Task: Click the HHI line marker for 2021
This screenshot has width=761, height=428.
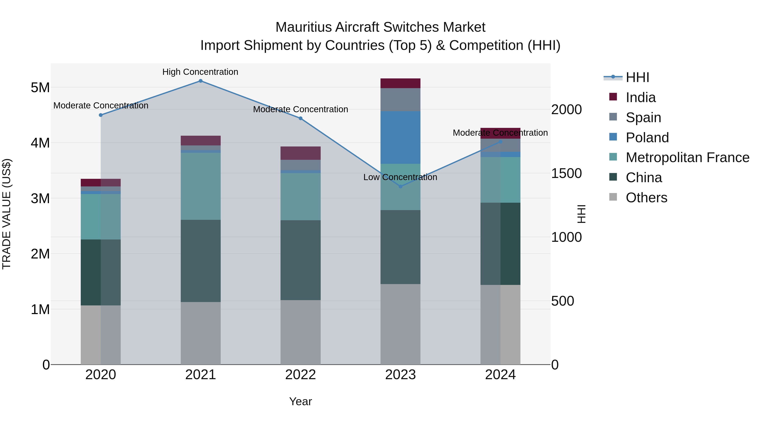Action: pyautogui.click(x=201, y=81)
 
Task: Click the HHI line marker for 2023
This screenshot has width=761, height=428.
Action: pyautogui.click(x=400, y=186)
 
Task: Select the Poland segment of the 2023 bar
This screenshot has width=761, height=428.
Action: pyautogui.click(x=400, y=137)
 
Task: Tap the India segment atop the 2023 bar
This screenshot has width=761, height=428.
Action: pyautogui.click(x=400, y=83)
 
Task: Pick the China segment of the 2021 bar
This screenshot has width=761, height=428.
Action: pyautogui.click(x=201, y=261)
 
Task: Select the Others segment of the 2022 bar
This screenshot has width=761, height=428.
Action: pyautogui.click(x=300, y=332)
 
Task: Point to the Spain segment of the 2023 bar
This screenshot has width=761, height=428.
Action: pyautogui.click(x=400, y=100)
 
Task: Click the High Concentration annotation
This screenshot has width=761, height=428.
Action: pyautogui.click(x=200, y=72)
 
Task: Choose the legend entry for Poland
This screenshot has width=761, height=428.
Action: pyautogui.click(x=647, y=138)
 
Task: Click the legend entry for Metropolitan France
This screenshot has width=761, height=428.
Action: pyautogui.click(x=687, y=158)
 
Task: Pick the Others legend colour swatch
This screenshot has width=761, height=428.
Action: pyautogui.click(x=613, y=197)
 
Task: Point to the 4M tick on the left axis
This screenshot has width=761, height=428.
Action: pyautogui.click(x=40, y=143)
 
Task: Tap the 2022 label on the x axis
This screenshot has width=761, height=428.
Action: pyautogui.click(x=300, y=375)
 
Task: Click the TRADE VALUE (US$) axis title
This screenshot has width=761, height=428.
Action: pyautogui.click(x=7, y=214)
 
